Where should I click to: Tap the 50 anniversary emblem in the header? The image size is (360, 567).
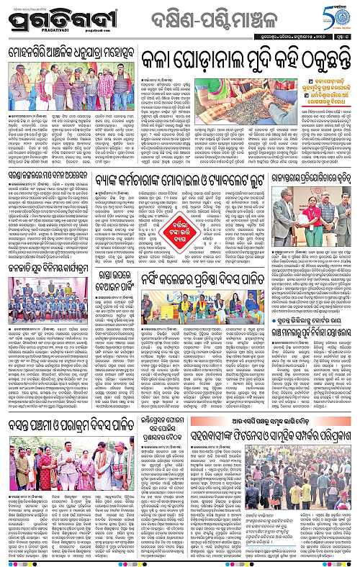click(x=338, y=16)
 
